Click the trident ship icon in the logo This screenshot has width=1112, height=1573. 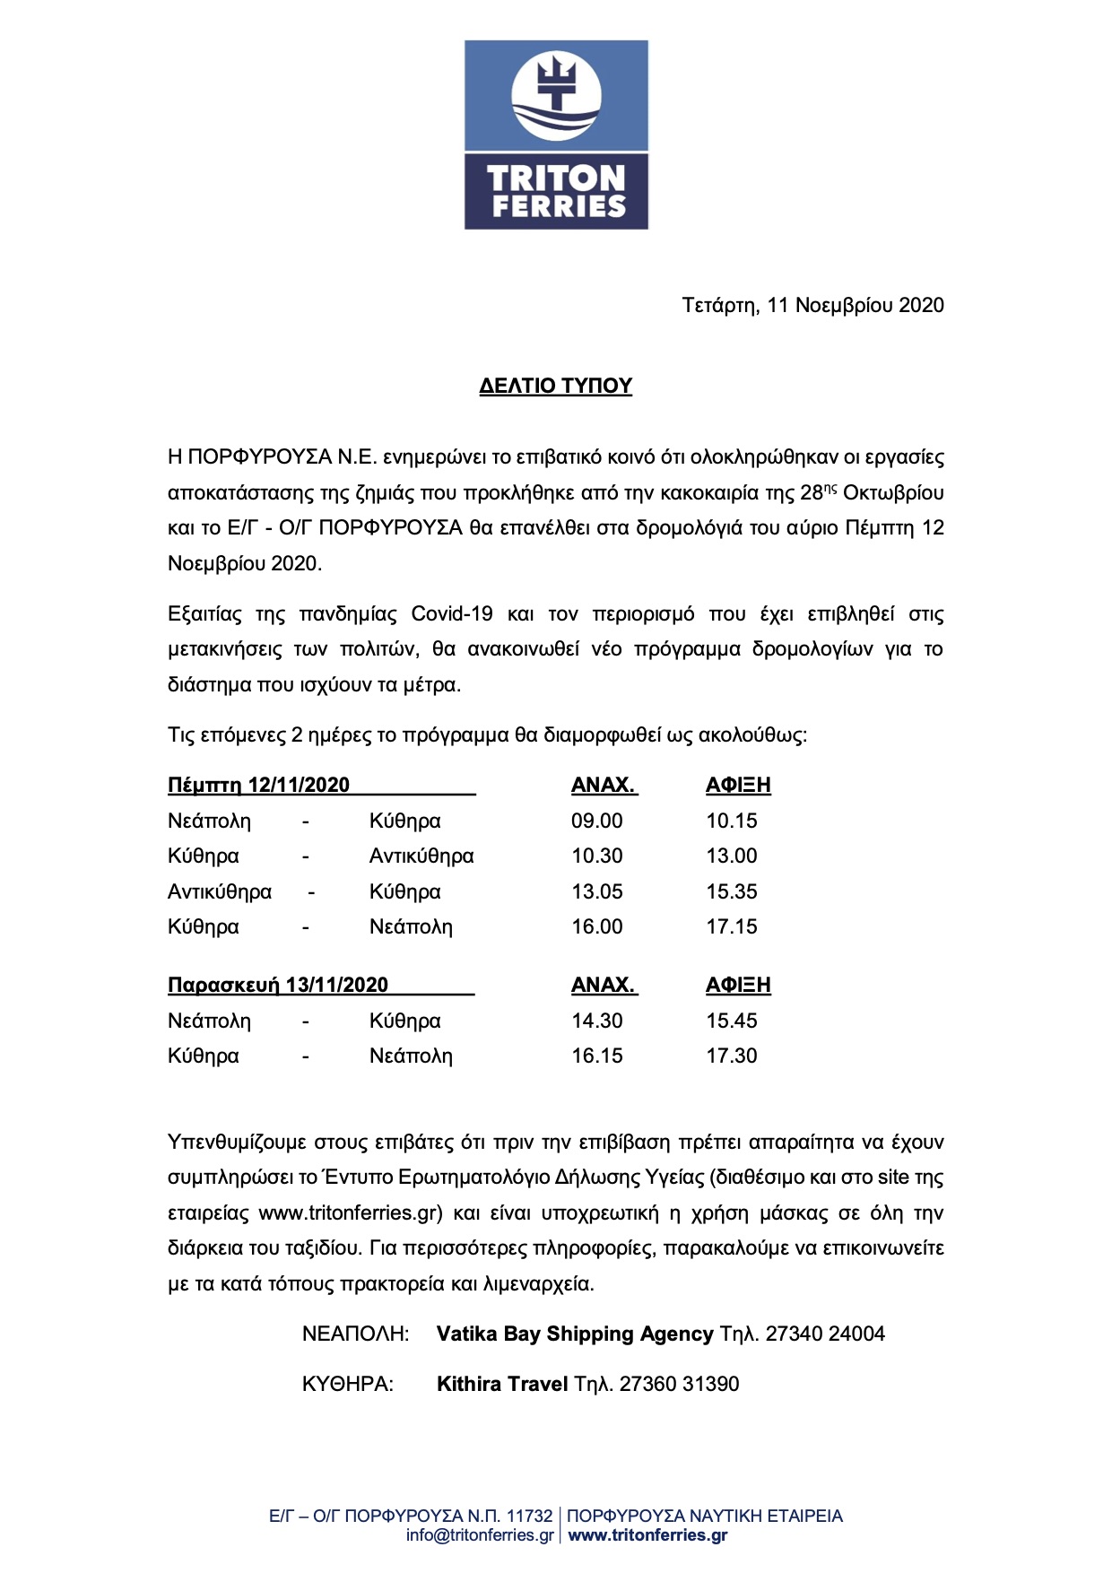coord(555,94)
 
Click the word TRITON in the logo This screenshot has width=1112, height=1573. coord(556,177)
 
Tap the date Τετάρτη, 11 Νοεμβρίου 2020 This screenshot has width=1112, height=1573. coord(812,305)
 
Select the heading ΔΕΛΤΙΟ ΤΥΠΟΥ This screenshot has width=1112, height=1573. coord(556,386)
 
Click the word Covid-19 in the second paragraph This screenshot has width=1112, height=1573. coord(452,614)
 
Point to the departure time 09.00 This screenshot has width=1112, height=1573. coord(597,821)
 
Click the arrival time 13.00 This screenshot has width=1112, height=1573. coord(732,856)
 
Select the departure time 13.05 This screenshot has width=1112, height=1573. coord(597,891)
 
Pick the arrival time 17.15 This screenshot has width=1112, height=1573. coord(732,926)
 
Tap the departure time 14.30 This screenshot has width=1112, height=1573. coord(597,1021)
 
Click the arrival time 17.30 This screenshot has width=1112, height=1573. coord(732,1056)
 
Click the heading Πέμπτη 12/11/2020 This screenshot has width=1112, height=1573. coord(259,785)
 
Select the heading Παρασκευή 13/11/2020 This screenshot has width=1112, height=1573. coord(278,985)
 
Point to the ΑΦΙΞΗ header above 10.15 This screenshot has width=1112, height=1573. coord(738,785)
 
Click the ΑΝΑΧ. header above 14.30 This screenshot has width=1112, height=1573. coord(604,985)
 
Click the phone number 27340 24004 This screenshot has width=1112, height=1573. coord(825,1334)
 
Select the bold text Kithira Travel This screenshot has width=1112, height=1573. coord(502,1384)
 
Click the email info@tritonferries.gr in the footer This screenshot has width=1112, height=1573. coord(480,1535)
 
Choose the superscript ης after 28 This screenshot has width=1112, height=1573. coord(830,487)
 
